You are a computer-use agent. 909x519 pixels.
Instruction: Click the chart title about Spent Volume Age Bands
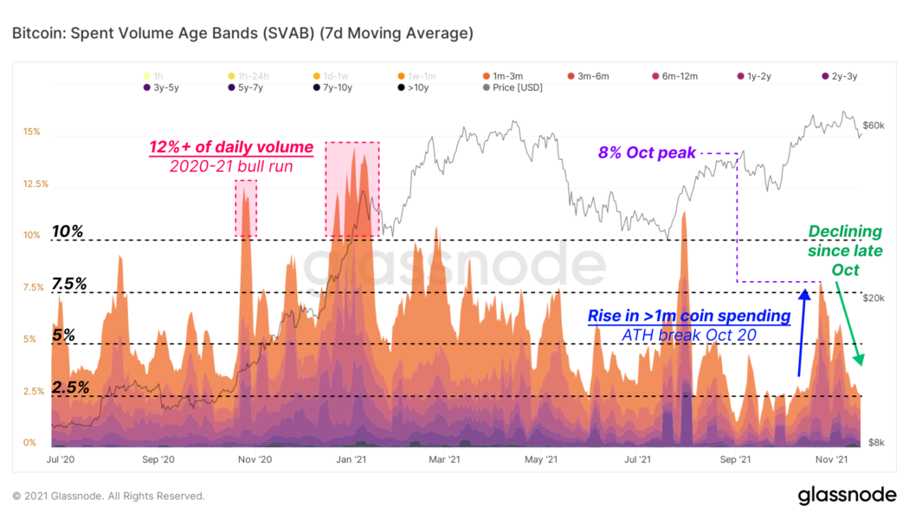pos(242,35)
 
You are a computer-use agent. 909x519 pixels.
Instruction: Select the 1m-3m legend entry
pos(512,76)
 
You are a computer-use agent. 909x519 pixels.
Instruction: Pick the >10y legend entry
pos(415,88)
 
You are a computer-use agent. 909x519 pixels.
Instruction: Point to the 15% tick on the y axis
pos(32,132)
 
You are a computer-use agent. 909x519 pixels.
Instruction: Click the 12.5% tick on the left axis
pos(35,184)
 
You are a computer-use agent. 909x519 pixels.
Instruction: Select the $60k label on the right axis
pos(874,125)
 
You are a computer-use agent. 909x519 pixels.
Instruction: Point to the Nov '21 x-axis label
pos(830,460)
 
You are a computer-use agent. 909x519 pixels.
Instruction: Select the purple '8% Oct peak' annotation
pos(647,153)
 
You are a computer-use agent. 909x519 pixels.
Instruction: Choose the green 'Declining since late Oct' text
pos(845,251)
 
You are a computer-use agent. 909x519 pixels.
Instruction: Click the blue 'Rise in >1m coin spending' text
pos(688,317)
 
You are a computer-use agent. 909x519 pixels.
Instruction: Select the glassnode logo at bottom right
pos(846,496)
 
